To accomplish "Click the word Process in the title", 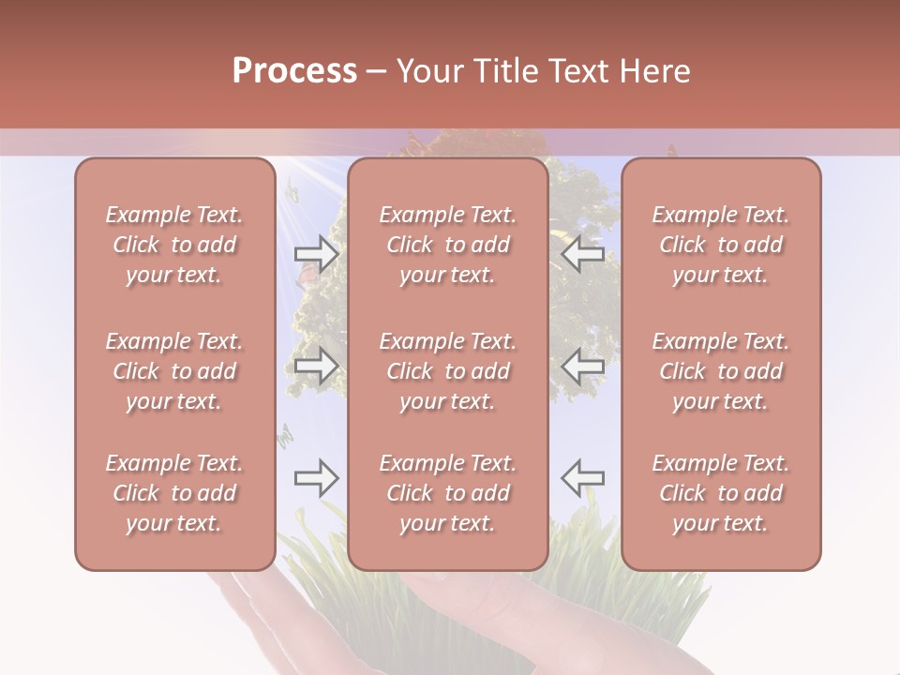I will click(294, 71).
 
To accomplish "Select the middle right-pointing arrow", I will click(316, 367).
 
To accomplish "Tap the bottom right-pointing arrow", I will click(316, 478).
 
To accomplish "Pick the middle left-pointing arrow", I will click(582, 367).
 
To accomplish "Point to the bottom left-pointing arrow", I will click(582, 478).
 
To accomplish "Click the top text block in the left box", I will click(174, 245).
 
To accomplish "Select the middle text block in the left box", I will click(174, 371).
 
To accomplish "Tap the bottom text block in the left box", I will click(174, 493).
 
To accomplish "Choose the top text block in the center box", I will click(447, 245).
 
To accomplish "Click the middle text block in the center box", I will click(447, 371).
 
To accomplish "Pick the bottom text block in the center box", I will click(447, 493).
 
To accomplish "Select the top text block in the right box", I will click(720, 245).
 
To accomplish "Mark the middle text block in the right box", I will click(720, 371).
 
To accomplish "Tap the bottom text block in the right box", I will click(720, 493).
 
